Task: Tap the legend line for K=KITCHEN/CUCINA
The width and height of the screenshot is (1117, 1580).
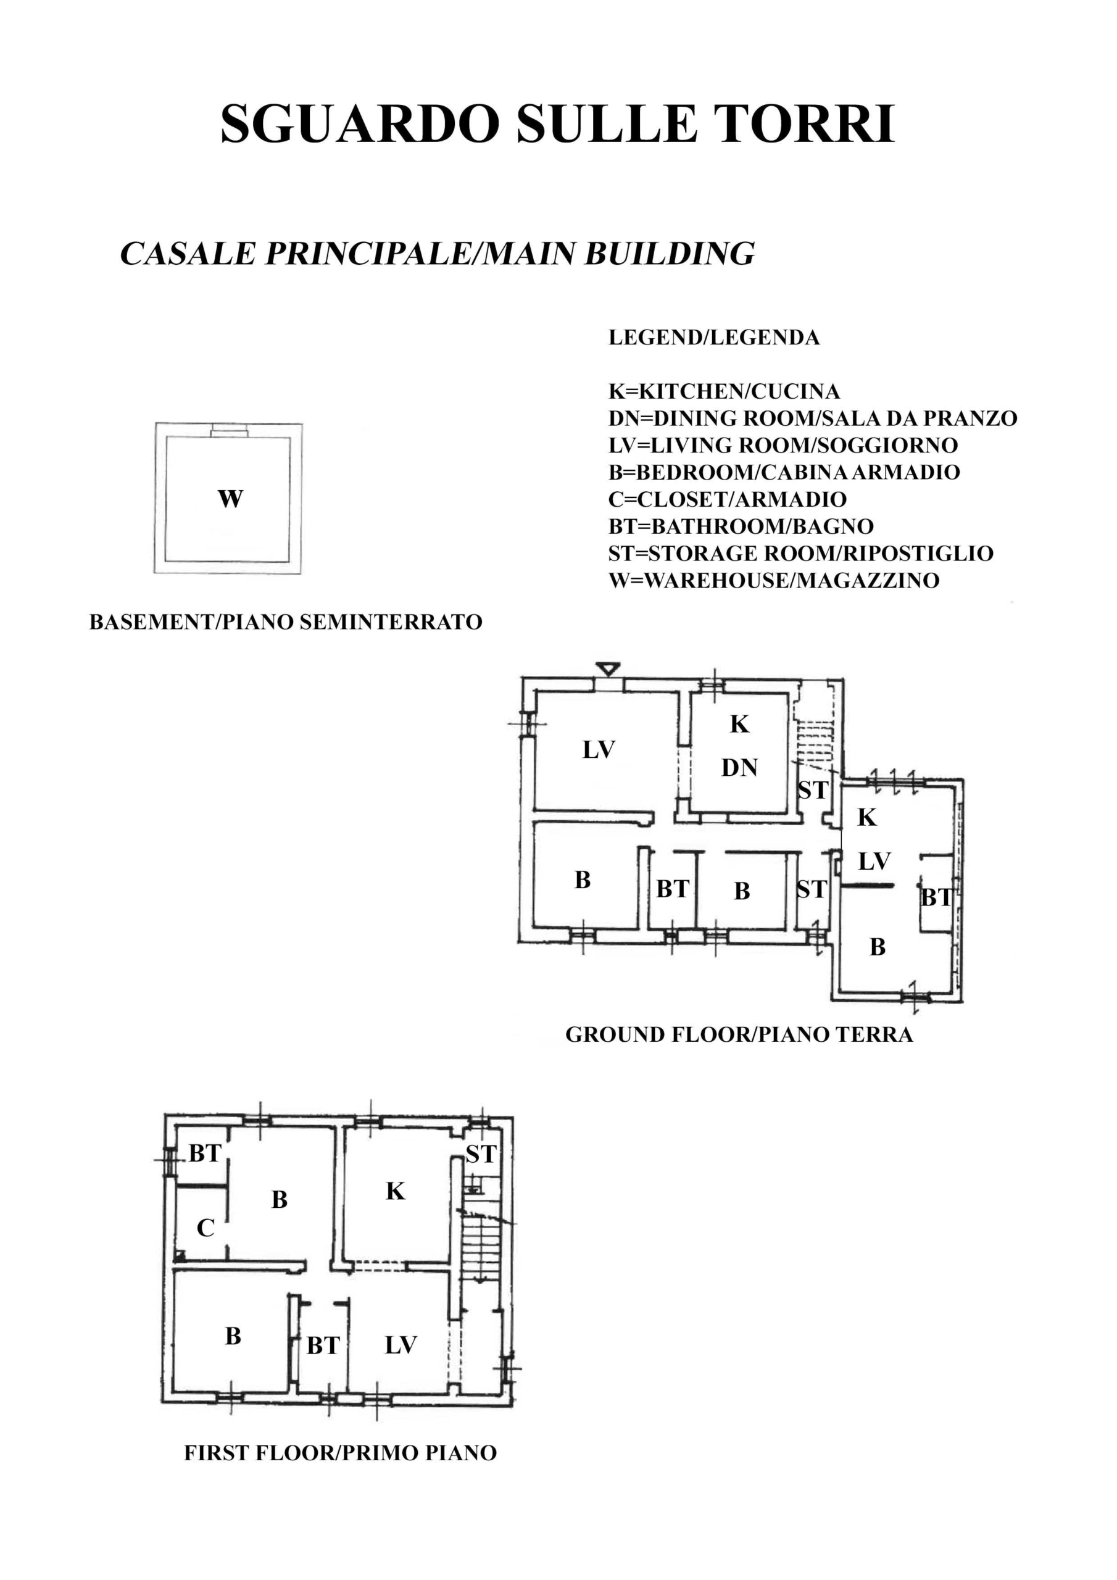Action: tap(724, 391)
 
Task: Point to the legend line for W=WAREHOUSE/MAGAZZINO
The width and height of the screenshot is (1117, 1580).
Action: tap(774, 580)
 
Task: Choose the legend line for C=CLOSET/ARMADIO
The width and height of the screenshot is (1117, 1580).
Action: tap(728, 499)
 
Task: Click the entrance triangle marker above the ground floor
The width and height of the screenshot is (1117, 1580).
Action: tap(608, 668)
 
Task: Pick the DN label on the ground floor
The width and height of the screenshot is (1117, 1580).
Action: tap(739, 767)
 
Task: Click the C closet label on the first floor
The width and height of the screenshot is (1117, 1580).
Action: tap(205, 1228)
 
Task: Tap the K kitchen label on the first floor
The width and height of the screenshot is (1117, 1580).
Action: tap(395, 1191)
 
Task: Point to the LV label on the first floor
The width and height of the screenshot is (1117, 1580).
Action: tap(401, 1345)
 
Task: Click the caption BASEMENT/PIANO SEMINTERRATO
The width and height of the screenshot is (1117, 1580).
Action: tap(286, 622)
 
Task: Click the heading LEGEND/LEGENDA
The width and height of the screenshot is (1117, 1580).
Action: tap(713, 337)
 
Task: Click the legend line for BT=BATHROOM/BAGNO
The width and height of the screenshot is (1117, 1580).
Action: tap(741, 526)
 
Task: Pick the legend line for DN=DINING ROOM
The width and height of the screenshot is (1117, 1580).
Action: tap(813, 418)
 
